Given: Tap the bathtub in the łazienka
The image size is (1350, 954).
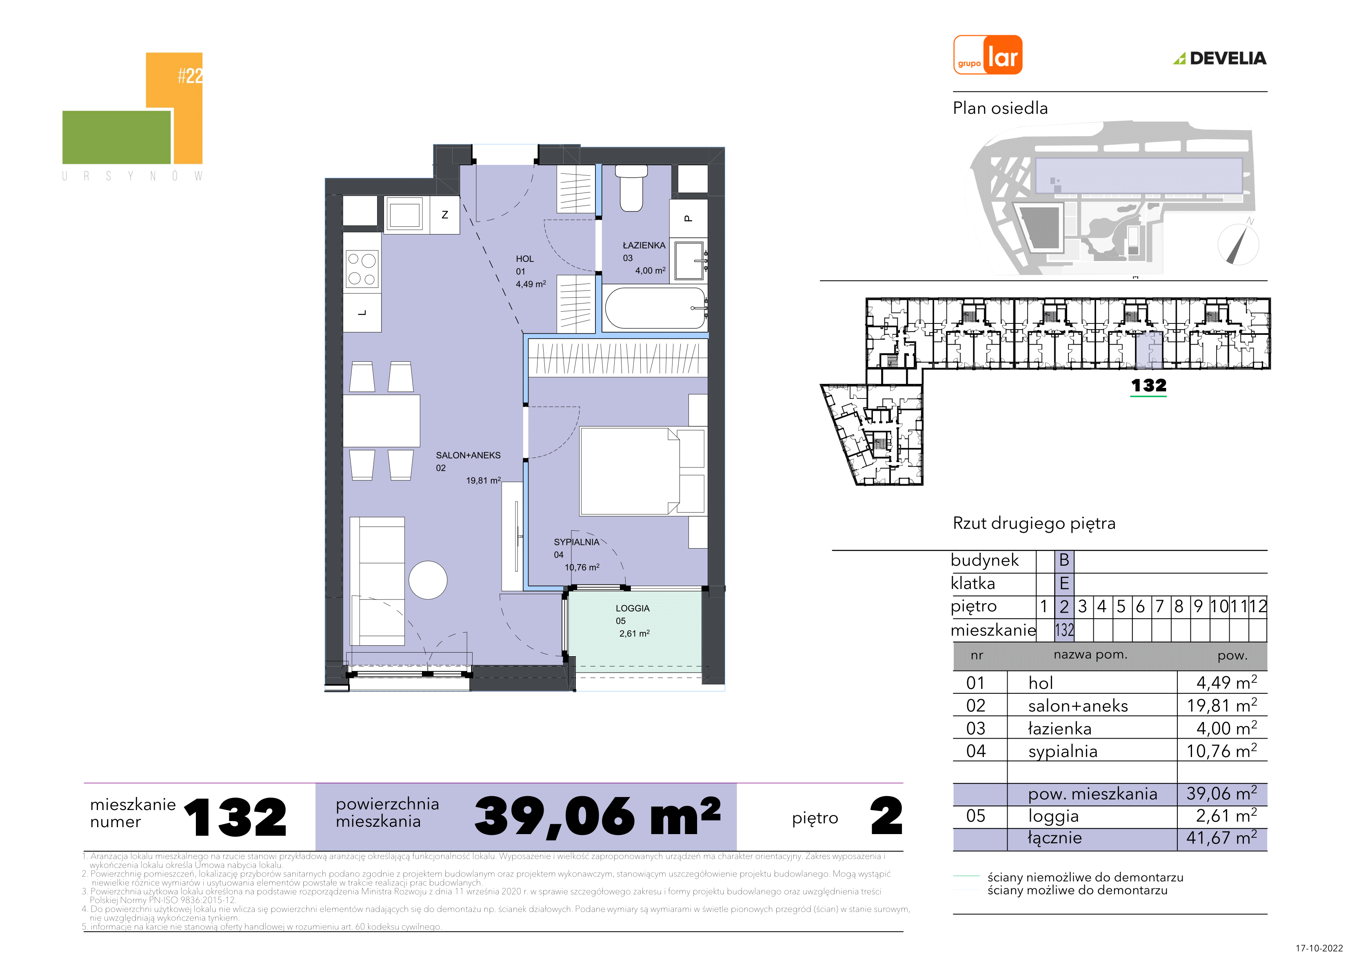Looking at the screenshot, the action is pyautogui.click(x=655, y=308).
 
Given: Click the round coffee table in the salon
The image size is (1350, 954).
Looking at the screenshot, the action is pyautogui.click(x=428, y=580).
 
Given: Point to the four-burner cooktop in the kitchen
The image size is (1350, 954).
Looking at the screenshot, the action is pyautogui.click(x=362, y=269).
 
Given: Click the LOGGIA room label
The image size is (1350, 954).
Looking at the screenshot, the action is pyautogui.click(x=633, y=609).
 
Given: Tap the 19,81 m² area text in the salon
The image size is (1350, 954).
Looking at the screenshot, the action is pyautogui.click(x=483, y=480).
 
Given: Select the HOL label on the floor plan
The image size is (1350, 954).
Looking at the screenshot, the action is pyautogui.click(x=524, y=259).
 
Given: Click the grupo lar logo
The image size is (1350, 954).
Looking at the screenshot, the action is pyautogui.click(x=988, y=55).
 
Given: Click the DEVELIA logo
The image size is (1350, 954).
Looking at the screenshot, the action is pyautogui.click(x=1220, y=58).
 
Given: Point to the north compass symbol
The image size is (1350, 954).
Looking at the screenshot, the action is pyautogui.click(x=1238, y=244).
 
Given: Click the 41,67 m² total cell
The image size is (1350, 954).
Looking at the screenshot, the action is pyautogui.click(x=1221, y=838).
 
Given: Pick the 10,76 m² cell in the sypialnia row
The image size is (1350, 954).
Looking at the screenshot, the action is pyautogui.click(x=1221, y=750).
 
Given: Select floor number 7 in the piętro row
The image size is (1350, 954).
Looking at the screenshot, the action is pyautogui.click(x=1159, y=606).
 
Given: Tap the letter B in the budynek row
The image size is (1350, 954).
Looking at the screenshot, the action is pyautogui.click(x=1064, y=560).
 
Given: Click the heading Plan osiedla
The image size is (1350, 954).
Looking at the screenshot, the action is pyautogui.click(x=1000, y=108).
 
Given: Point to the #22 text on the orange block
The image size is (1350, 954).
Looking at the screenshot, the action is pyautogui.click(x=190, y=75).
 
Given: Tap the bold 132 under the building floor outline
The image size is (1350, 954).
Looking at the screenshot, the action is pyautogui.click(x=1148, y=385).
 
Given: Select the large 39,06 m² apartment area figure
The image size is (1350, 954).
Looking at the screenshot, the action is pyautogui.click(x=597, y=817).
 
